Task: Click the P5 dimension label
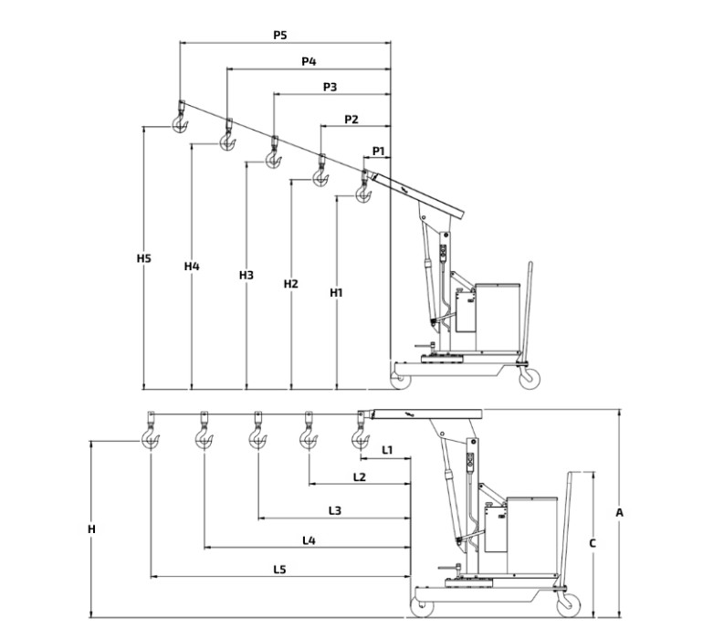tap(280, 35)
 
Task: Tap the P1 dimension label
tap(379, 152)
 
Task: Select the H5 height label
tap(144, 258)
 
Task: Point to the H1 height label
tap(336, 293)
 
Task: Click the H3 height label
tap(247, 275)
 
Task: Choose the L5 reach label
tap(279, 570)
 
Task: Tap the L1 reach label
tap(387, 450)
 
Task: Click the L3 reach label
tap(335, 510)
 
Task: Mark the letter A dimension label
tap(619, 512)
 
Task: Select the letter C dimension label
tap(593, 543)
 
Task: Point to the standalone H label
tap(91, 529)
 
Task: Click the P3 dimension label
tap(330, 87)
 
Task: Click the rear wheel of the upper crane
tap(530, 378)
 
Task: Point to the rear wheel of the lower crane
tap(569, 605)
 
